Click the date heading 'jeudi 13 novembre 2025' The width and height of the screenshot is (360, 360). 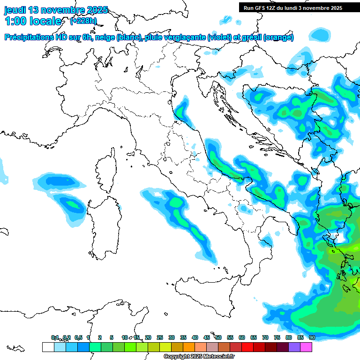tap(56, 10)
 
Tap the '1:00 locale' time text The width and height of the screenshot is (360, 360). tap(33, 21)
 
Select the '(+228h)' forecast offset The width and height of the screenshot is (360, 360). tap(83, 21)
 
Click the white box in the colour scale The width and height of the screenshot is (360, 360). tap(48, 347)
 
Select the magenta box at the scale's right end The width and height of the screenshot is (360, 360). tap(306, 347)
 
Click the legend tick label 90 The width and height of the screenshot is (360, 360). tap(312, 337)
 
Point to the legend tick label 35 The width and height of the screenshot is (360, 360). tap(183, 337)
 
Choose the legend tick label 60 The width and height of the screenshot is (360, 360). tap(242, 337)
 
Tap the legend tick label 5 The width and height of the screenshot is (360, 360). tap(112, 337)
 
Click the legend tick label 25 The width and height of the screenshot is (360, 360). tap(160, 337)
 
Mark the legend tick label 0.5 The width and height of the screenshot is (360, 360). tap(78, 337)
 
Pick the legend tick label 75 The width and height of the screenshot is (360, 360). tap(277, 337)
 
